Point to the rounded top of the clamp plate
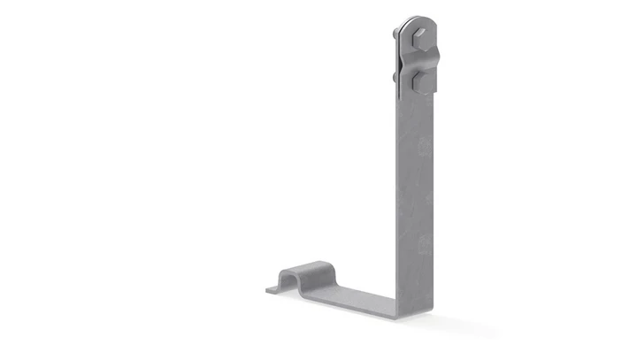pos(415,21)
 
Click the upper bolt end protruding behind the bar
pos(392,34)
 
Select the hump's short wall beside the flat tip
pos(282,279)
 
